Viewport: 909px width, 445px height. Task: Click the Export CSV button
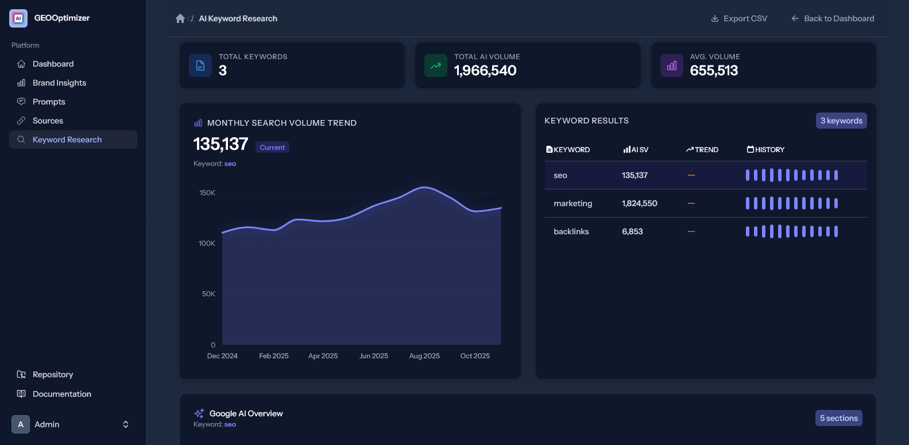739,18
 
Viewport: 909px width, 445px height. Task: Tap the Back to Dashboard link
833,18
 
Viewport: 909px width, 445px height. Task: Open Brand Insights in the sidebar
59,83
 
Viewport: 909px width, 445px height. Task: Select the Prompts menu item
49,102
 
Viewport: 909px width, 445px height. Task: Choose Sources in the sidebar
48,121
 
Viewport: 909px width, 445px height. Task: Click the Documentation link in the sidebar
61,394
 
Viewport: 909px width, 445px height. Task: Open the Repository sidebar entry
52,374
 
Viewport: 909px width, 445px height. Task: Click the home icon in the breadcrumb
180,18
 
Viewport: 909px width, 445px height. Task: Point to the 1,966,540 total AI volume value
485,71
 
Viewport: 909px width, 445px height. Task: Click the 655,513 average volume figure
714,71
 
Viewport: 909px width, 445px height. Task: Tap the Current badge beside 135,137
272,148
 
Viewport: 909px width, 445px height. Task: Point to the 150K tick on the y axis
207,193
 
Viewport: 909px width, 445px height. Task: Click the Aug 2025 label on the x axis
424,356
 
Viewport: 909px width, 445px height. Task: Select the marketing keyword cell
573,203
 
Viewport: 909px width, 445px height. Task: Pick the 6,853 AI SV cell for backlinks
632,231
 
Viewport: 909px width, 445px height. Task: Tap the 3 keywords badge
841,121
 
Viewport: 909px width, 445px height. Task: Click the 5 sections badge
838,418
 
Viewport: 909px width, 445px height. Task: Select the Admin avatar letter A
21,424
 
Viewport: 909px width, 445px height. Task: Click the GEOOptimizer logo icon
18,18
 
